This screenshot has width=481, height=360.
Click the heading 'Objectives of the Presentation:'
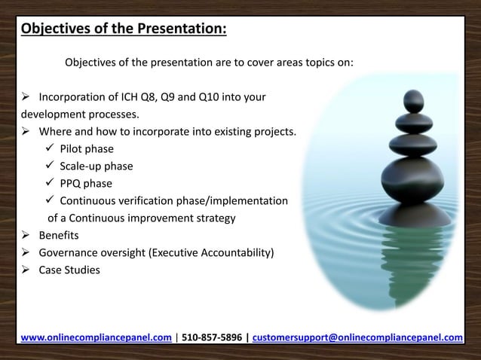(x=124, y=29)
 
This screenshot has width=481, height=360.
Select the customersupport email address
(x=359, y=337)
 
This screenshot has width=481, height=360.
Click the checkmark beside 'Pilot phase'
(x=50, y=149)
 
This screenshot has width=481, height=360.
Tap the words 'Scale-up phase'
(x=97, y=166)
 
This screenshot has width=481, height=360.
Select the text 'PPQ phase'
(x=86, y=184)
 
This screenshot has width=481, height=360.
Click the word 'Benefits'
(x=63, y=236)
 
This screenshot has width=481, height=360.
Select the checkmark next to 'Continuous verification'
(x=50, y=201)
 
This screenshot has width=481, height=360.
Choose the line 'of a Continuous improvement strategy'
(x=142, y=218)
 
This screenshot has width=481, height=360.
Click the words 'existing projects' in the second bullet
(x=253, y=133)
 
